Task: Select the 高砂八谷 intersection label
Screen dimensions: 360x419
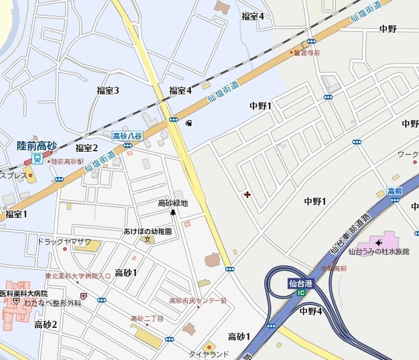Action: [x=127, y=135]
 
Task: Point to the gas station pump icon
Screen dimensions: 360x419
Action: [x=189, y=122]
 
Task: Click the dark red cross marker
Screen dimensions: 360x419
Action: [x=247, y=194]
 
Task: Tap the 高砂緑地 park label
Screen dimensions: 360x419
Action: [x=173, y=203]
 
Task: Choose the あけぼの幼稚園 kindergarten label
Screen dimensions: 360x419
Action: [x=147, y=231]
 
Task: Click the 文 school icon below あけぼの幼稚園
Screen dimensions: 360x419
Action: [x=147, y=240]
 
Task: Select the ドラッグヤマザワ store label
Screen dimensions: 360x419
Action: [x=64, y=241]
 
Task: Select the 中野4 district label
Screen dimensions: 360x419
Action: [x=310, y=311]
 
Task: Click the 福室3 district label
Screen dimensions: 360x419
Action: [x=108, y=90]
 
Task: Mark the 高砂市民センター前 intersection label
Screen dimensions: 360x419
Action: [x=198, y=301]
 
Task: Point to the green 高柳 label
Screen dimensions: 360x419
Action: [x=394, y=190]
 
